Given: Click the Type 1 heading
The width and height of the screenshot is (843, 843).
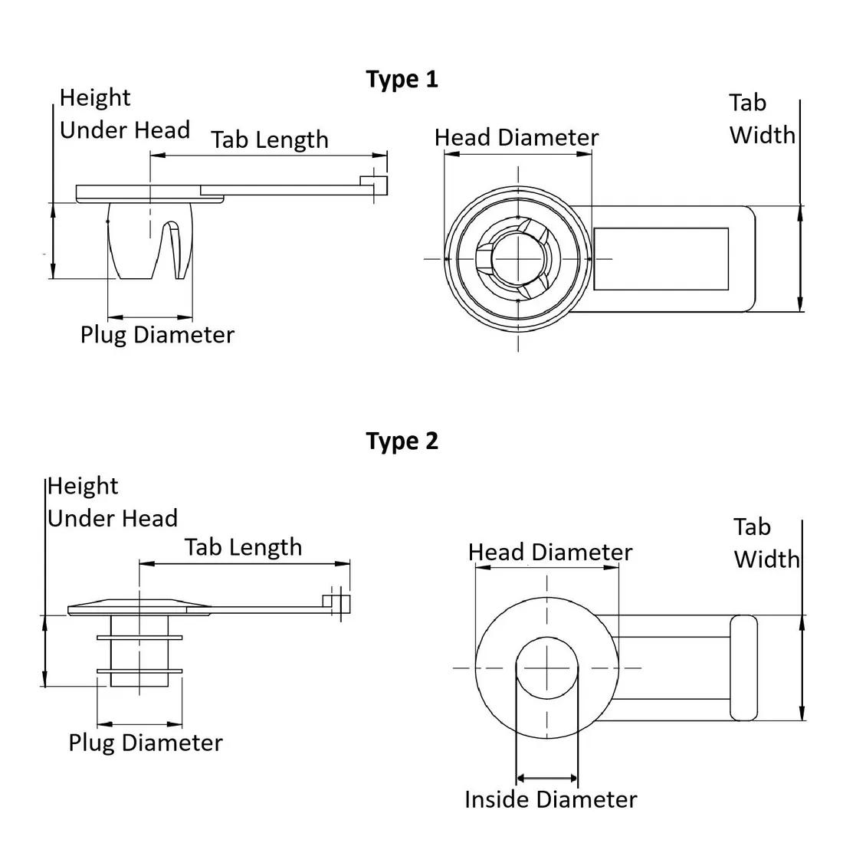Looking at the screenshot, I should click(x=402, y=79).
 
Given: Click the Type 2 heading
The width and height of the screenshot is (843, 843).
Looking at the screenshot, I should click(x=402, y=441).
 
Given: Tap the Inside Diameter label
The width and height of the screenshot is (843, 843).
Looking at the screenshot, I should click(x=550, y=800).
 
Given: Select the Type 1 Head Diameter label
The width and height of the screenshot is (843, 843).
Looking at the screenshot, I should click(x=516, y=138).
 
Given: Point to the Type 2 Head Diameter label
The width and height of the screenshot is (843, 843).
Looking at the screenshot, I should click(x=549, y=553).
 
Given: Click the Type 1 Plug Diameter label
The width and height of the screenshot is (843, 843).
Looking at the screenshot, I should click(x=157, y=335).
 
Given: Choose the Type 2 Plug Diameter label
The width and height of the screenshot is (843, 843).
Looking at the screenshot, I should click(x=145, y=743).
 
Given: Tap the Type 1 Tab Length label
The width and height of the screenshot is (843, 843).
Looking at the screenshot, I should click(x=269, y=140).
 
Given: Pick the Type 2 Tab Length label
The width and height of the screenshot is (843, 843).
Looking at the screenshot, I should click(x=243, y=547).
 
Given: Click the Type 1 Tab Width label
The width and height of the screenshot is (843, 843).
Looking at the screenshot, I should click(x=761, y=119).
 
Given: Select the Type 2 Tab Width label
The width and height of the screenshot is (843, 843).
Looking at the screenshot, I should click(x=766, y=543).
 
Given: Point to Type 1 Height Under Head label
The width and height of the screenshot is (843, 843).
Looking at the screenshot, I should click(x=124, y=114).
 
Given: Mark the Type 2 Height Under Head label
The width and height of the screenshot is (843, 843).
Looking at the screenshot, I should click(x=112, y=503).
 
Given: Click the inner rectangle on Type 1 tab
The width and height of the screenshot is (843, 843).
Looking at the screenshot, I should click(x=661, y=259).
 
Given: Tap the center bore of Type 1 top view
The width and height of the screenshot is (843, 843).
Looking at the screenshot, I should click(x=518, y=258).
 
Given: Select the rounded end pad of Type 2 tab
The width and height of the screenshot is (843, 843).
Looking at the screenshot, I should click(x=743, y=668).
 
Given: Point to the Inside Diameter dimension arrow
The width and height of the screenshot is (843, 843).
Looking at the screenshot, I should click(x=547, y=779).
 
